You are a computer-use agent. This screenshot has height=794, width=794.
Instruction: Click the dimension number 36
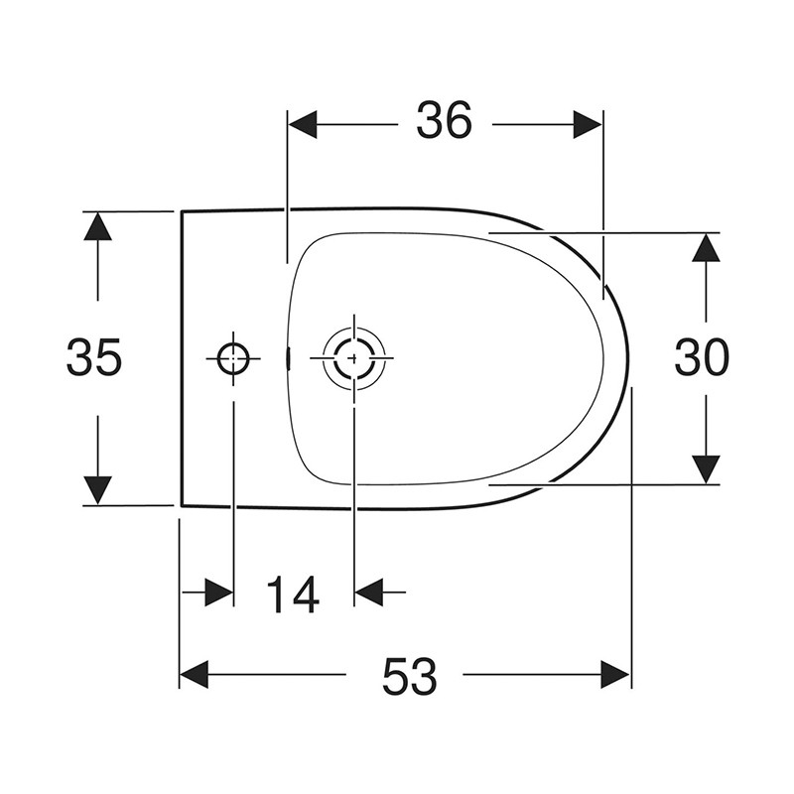(x=444, y=120)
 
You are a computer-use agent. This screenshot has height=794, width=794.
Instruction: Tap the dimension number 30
(x=702, y=357)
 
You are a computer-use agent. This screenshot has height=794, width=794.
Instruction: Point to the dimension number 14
(x=292, y=595)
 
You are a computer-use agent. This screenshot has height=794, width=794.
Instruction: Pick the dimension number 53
(x=410, y=676)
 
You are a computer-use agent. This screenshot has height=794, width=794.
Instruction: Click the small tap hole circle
(x=233, y=358)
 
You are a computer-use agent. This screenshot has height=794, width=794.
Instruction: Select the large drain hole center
(x=354, y=358)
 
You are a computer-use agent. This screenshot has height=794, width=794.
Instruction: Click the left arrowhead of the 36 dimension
(x=303, y=124)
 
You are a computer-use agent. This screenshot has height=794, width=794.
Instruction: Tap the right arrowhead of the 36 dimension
(x=588, y=124)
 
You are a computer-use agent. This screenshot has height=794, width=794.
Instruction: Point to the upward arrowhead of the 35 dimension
(x=97, y=226)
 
